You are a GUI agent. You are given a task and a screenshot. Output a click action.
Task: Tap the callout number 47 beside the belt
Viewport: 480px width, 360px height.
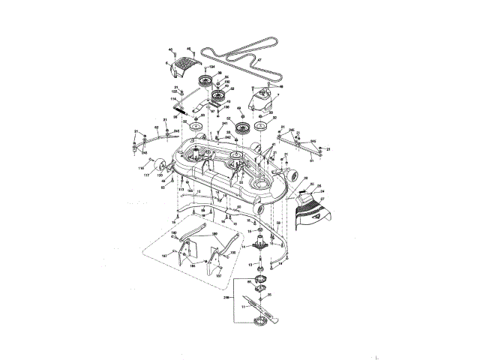point(259,59)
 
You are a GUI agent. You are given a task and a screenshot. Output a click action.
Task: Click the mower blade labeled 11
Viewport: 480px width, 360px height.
point(259,304)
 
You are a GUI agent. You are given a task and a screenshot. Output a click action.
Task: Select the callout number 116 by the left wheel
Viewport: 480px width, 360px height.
point(140,170)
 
